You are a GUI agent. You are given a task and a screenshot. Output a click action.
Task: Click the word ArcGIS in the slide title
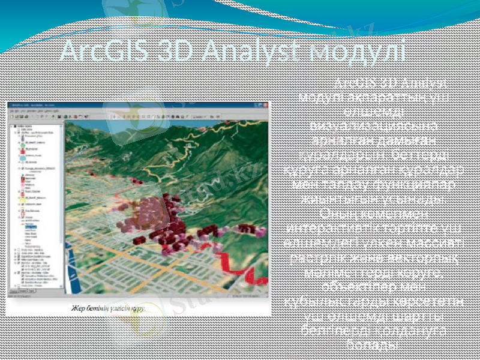(97, 51)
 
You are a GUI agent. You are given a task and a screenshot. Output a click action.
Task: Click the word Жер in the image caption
(81, 308)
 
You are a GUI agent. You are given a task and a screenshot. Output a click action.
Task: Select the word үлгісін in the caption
(126, 308)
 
